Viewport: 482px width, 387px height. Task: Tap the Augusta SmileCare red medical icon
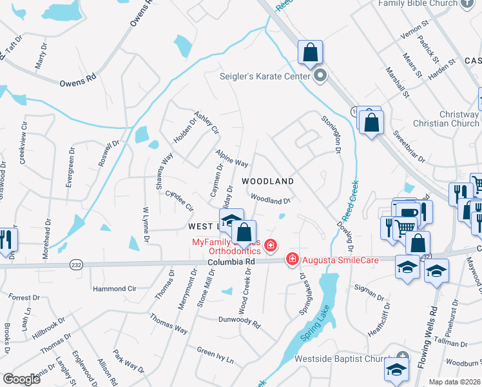click(x=292, y=259)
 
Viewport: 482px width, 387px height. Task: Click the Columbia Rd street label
click(x=231, y=263)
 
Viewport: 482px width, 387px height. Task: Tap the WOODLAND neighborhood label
click(x=267, y=182)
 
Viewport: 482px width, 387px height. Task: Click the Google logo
click(x=21, y=379)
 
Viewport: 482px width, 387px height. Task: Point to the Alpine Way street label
click(x=231, y=159)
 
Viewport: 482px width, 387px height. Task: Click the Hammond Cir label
click(x=115, y=289)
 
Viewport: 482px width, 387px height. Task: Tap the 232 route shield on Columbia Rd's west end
click(x=76, y=264)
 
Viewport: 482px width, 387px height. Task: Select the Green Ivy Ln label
click(x=215, y=354)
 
